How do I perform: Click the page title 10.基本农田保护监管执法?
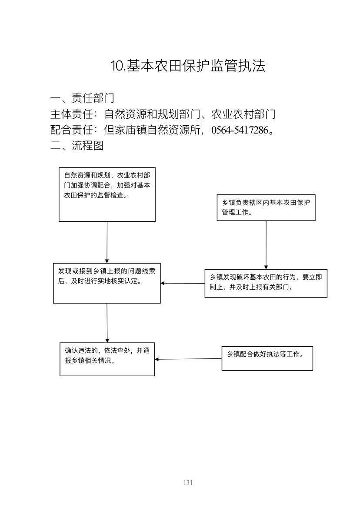[x=188, y=65]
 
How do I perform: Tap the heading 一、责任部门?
[x=82, y=98]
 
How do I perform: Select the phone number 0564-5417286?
[x=240, y=130]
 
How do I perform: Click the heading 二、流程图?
[x=77, y=146]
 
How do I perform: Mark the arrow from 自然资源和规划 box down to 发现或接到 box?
[x=107, y=242]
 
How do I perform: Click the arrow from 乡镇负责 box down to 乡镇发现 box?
[x=266, y=245]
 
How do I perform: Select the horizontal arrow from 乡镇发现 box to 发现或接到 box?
[x=183, y=283]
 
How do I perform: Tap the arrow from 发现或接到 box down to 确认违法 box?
[x=107, y=323]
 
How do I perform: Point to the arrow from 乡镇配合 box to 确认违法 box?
[x=188, y=359]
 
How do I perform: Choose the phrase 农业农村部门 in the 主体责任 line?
[x=243, y=114]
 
